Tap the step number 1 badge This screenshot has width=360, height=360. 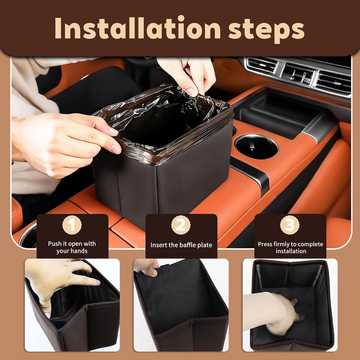click(72, 225)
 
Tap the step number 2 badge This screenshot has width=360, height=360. click(181, 225)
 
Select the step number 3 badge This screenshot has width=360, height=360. click(290, 225)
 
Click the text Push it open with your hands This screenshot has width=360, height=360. click(72, 247)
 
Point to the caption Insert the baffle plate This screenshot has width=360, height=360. click(181, 245)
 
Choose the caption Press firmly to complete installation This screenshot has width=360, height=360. click(290, 247)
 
